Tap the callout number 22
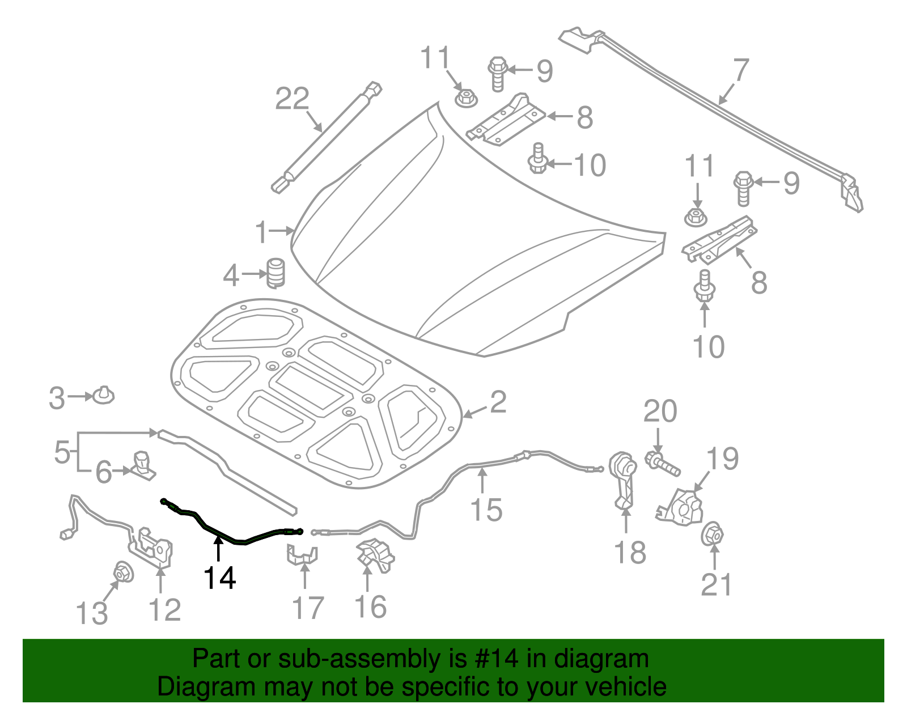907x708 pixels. click(293, 99)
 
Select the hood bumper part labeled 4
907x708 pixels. click(276, 273)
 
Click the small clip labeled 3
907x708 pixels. click(103, 395)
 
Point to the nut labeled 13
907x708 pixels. click(123, 572)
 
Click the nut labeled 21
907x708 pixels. click(712, 535)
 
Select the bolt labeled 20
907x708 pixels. click(662, 463)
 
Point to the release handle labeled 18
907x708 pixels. click(623, 478)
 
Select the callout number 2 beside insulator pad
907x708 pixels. click(498, 402)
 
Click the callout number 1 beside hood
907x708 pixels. click(261, 232)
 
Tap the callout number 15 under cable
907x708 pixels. click(486, 509)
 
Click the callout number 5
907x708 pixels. click(62, 452)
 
